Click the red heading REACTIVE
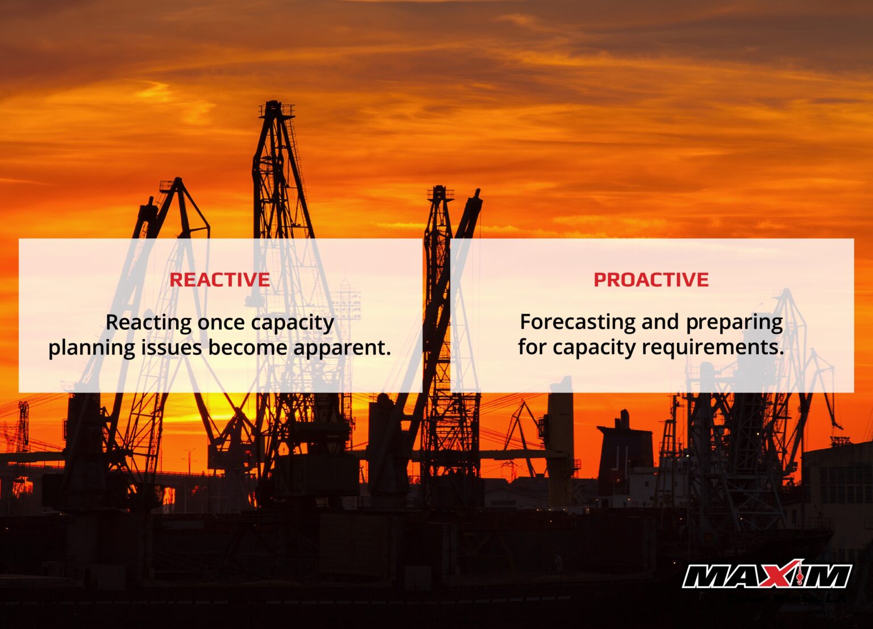point(219,280)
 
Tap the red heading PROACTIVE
point(651,280)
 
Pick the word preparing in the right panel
point(734,322)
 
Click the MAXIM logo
point(767,576)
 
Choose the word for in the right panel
point(532,347)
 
